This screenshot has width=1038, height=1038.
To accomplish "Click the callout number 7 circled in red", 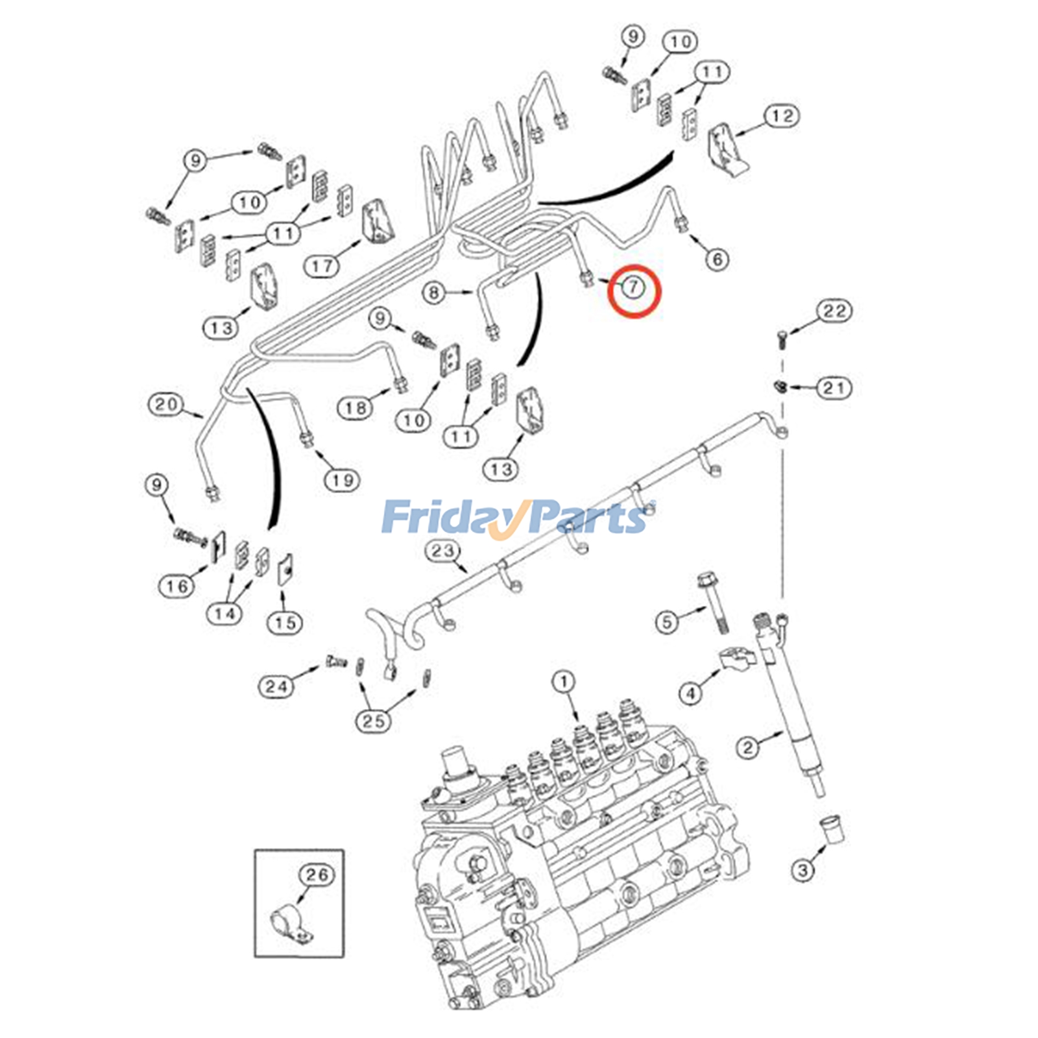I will [x=633, y=287].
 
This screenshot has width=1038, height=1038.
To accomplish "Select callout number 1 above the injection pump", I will [x=563, y=682].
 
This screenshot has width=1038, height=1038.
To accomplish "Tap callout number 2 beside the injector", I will [x=803, y=869].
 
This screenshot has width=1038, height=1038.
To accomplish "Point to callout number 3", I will [x=803, y=869].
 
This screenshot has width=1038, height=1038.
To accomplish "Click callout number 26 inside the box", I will [x=317, y=875].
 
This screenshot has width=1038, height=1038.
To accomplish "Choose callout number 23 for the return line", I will [x=442, y=551].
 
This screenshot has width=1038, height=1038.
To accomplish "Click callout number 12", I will [x=782, y=116].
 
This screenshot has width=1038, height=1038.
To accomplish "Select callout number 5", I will [x=666, y=622].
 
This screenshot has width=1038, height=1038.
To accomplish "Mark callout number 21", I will [x=834, y=388].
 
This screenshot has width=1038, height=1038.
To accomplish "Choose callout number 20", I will [x=165, y=404].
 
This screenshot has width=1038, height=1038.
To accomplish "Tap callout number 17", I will [x=322, y=265].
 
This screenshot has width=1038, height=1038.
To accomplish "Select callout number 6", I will [x=717, y=259].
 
